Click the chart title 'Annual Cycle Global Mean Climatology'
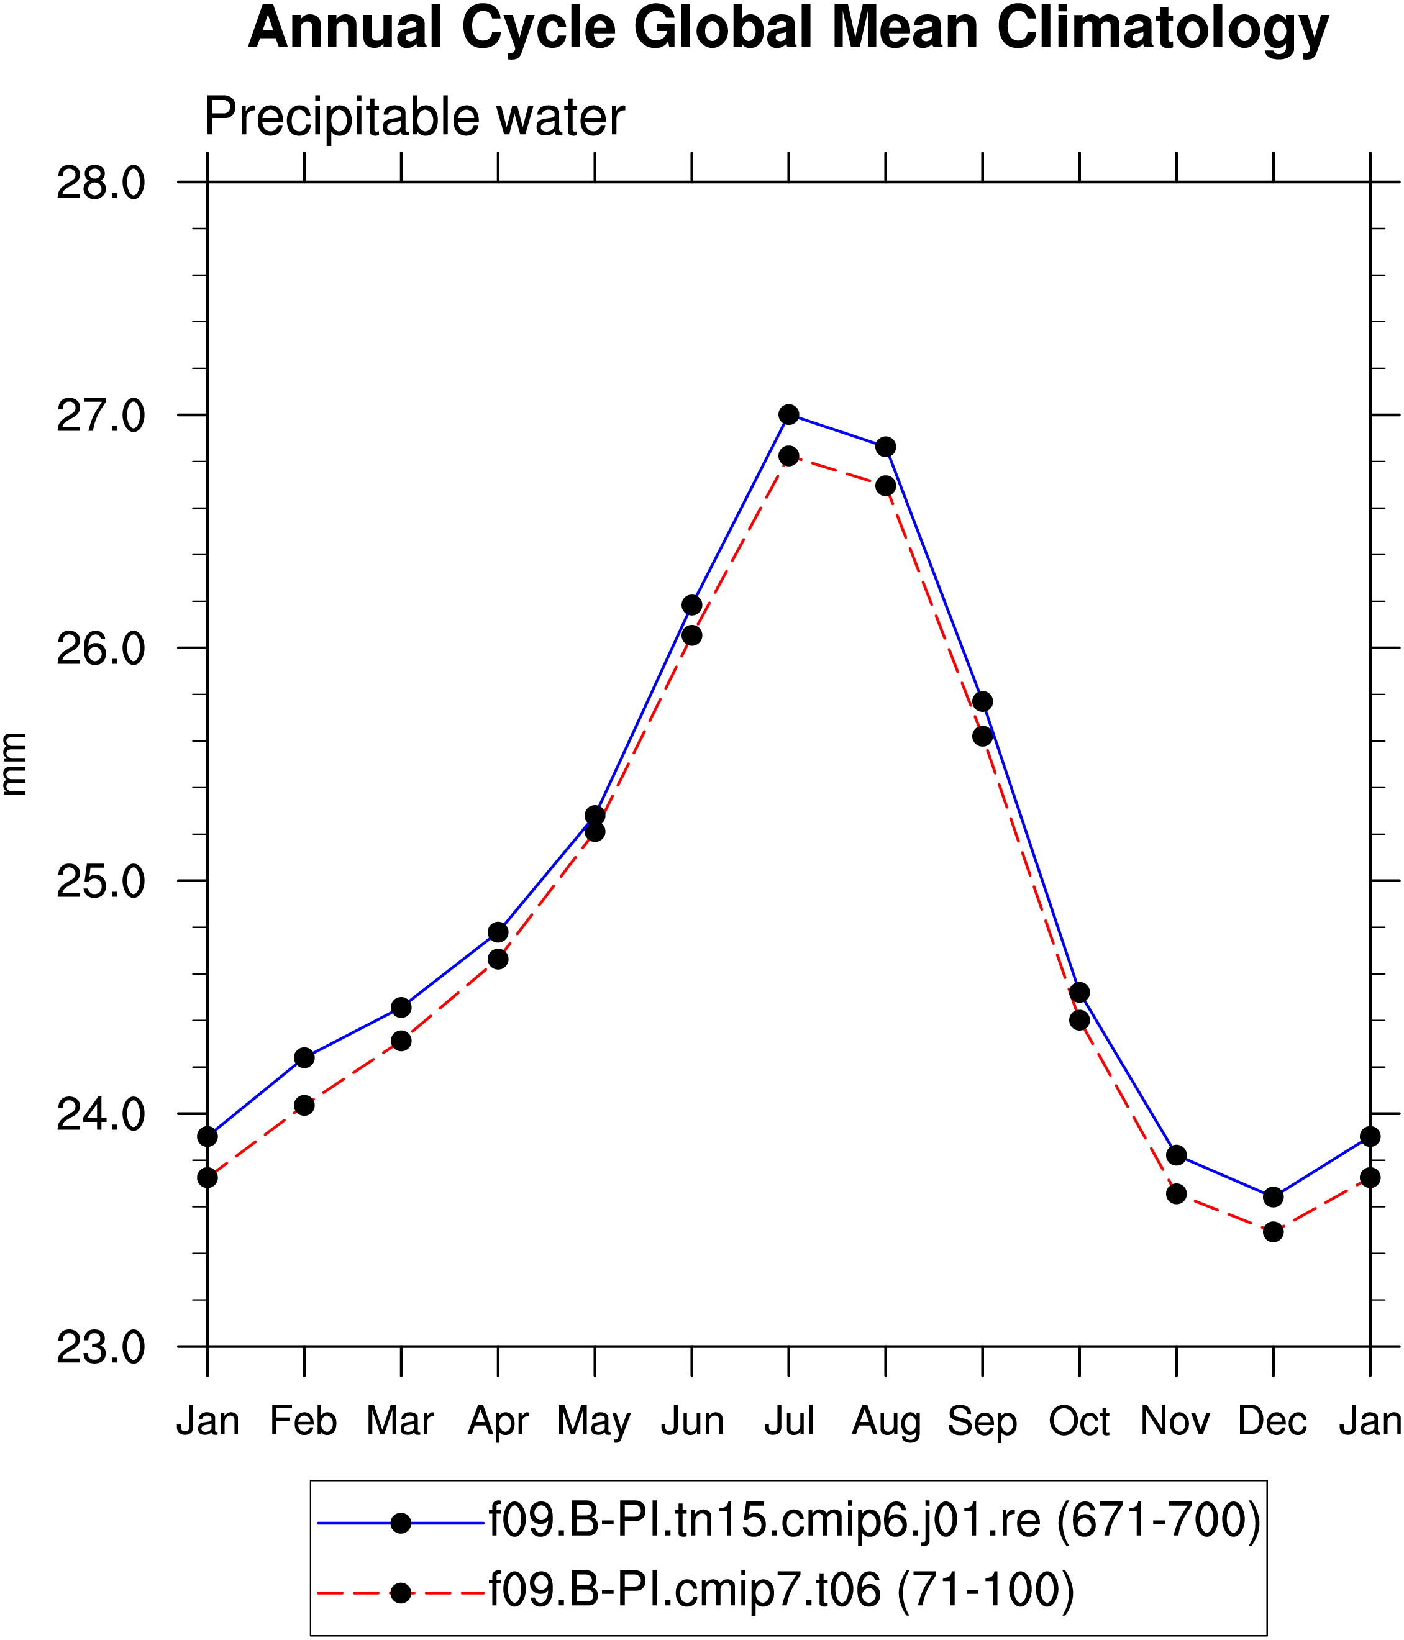788,29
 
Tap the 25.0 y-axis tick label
101,881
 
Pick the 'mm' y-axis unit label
14,764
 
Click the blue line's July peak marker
788,415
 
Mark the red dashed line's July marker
788,456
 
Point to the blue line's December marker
1274,1196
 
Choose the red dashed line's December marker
1274,1232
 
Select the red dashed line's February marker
304,1105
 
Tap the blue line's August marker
886,447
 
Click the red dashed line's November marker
1176,1193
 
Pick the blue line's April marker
498,932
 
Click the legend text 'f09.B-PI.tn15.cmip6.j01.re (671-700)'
875,1521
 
